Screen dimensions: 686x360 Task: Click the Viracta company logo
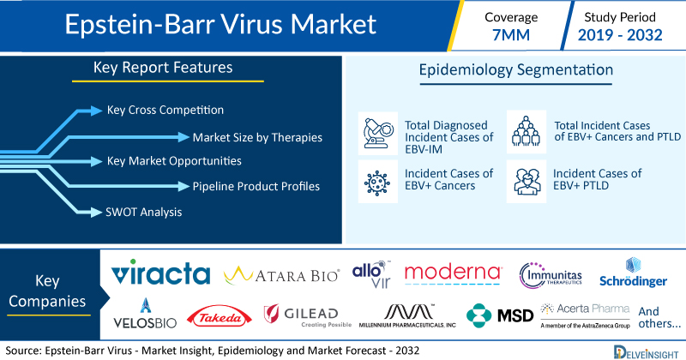(160, 273)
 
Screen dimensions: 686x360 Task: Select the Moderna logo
(453, 274)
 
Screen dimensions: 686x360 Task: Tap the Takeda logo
(220, 317)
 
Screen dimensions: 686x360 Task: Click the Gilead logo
(308, 315)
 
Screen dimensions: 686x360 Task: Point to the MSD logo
(500, 315)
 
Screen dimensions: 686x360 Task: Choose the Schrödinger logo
(633, 273)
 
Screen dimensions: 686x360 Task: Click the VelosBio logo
(145, 313)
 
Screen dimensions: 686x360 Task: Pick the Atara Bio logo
(281, 275)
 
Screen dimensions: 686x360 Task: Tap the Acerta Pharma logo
(586, 315)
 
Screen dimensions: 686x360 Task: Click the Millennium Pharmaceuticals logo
(407, 315)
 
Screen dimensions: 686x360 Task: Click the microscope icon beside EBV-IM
(378, 133)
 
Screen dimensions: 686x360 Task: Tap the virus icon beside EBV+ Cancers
(377, 182)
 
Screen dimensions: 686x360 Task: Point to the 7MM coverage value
(511, 34)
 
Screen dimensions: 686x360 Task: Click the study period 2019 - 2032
(620, 34)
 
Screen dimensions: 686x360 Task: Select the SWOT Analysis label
(143, 213)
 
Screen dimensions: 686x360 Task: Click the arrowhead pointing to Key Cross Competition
(96, 111)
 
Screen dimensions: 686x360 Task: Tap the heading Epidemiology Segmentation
(516, 70)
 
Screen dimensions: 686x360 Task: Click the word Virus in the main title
(253, 24)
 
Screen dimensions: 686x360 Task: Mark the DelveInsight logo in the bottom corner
(647, 352)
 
